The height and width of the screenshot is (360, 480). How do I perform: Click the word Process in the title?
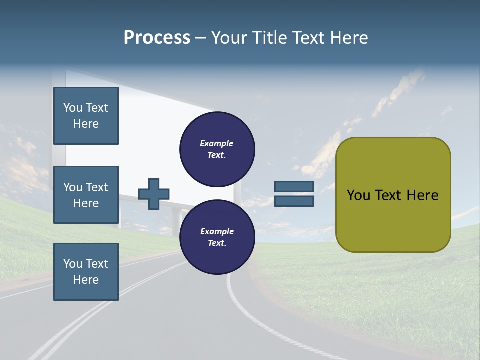tap(157, 38)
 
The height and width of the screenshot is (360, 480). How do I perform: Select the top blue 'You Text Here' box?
tap(86, 116)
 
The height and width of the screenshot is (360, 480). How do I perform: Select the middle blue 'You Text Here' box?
tap(86, 195)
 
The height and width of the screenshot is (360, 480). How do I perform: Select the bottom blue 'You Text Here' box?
tap(86, 272)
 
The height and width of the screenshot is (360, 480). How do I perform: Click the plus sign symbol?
tap(154, 194)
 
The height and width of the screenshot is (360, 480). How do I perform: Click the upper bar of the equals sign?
tap(294, 187)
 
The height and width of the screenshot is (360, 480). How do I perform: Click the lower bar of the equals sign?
tap(294, 201)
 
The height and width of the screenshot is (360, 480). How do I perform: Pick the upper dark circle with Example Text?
tap(217, 149)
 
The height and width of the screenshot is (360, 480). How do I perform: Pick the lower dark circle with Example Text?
tap(217, 237)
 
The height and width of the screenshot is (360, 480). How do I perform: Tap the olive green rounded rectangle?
tap(393, 220)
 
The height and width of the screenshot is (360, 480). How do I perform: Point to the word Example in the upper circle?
tap(216, 144)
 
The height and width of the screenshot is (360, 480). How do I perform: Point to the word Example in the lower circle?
tap(216, 232)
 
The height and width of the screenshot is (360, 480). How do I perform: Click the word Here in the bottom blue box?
tap(86, 280)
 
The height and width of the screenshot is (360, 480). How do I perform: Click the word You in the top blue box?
tap(73, 108)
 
